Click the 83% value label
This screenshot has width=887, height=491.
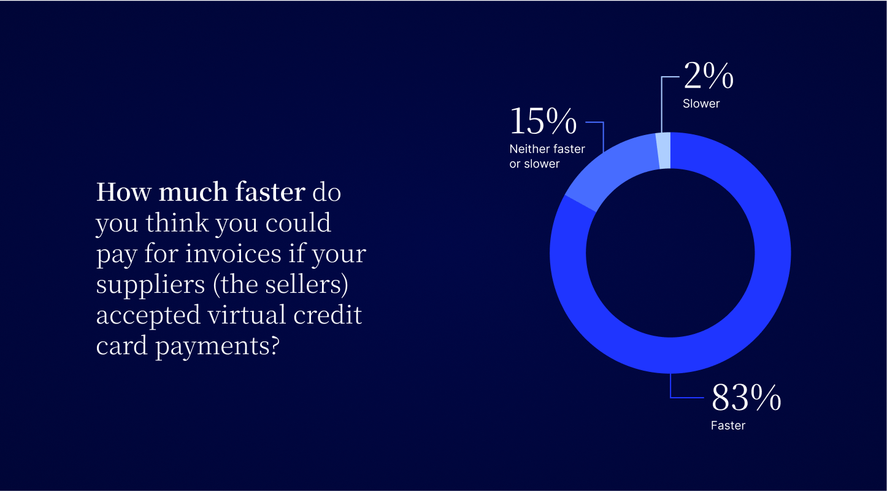click(x=746, y=397)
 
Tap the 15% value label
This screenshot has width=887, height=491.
click(x=543, y=121)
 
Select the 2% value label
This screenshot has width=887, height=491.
click(x=708, y=75)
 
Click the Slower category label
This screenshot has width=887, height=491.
click(x=701, y=104)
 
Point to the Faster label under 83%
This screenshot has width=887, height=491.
click(x=728, y=425)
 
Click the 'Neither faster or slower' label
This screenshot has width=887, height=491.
click(x=547, y=156)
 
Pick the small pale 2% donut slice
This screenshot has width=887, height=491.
click(x=664, y=150)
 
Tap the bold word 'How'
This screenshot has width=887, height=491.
click(x=123, y=192)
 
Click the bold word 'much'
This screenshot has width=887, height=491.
click(x=193, y=192)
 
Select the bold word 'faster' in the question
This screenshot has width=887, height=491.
click(x=271, y=192)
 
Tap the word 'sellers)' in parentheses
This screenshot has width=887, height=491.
click(x=307, y=285)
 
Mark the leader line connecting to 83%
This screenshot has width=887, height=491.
click(x=677, y=396)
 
